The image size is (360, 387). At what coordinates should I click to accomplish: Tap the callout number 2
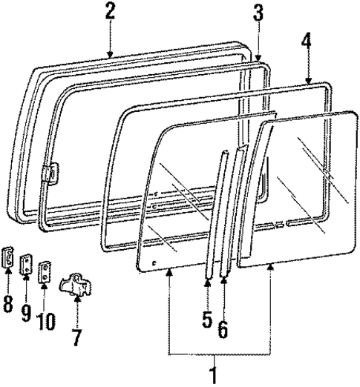click(110, 11)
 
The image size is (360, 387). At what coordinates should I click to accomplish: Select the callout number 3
click(258, 12)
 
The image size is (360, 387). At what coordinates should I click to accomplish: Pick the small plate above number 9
click(25, 263)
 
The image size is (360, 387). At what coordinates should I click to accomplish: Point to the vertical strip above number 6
click(232, 215)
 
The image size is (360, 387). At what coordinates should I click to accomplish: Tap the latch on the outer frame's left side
click(50, 174)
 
